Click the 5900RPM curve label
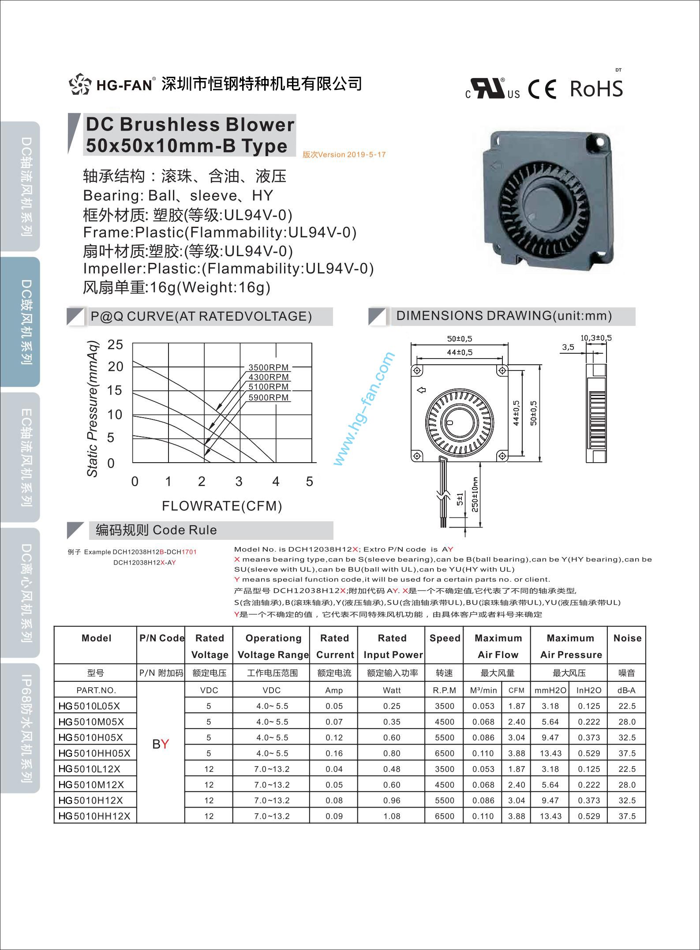pyautogui.click(x=268, y=397)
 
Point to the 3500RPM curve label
pyautogui.click(x=268, y=367)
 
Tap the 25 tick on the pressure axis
pyautogui.click(x=115, y=344)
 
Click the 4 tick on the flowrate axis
pyautogui.click(x=276, y=481)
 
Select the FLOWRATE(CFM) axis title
pyautogui.click(x=222, y=505)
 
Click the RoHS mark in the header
pyautogui.click(x=596, y=89)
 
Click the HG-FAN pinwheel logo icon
pyautogui.click(x=80, y=84)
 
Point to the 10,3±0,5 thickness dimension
pyautogui.click(x=595, y=338)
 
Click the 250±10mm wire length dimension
pyautogui.click(x=475, y=494)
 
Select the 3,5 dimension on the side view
pyautogui.click(x=568, y=347)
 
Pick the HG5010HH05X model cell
pyautogui.click(x=94, y=753)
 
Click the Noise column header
pyautogui.click(x=627, y=638)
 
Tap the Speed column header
pyautogui.click(x=445, y=638)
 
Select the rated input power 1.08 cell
pyautogui.click(x=392, y=816)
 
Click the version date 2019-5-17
pyautogui.click(x=366, y=155)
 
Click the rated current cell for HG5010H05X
pyautogui.click(x=334, y=737)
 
